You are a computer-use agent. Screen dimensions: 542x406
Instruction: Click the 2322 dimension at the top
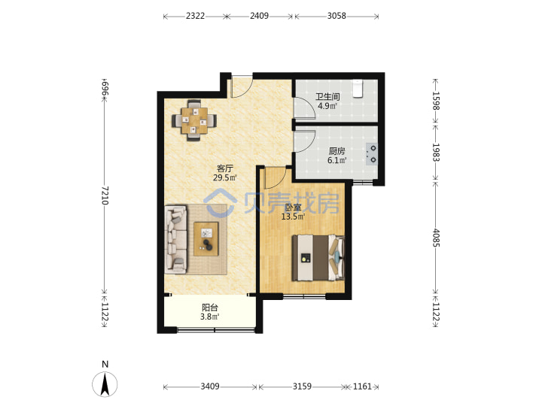[195, 16]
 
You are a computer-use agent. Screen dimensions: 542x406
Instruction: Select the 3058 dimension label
[336, 16]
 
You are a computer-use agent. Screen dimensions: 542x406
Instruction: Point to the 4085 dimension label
[436, 238]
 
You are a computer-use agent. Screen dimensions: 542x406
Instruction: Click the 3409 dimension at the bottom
[210, 386]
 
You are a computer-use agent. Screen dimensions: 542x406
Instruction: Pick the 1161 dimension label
[362, 386]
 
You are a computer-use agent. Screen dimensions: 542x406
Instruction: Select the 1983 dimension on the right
[436, 152]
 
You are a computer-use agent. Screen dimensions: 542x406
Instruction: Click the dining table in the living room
[195, 120]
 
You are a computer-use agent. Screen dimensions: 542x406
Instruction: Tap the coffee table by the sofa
[206, 239]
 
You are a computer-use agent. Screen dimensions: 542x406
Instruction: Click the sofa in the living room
[176, 239]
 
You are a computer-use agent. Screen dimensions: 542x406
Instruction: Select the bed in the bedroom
[318, 258]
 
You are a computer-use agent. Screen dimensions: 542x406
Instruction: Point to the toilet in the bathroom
[358, 89]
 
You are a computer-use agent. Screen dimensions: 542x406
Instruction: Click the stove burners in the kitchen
[373, 154]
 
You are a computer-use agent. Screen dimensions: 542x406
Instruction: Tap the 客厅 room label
[225, 168]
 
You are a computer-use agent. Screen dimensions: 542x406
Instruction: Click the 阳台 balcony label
[210, 308]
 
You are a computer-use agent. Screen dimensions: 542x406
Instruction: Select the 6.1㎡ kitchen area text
[337, 160]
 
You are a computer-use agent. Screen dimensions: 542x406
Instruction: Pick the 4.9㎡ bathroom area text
[327, 106]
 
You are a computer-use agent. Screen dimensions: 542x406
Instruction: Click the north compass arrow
[105, 384]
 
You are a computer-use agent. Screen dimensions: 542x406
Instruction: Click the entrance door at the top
[242, 87]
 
